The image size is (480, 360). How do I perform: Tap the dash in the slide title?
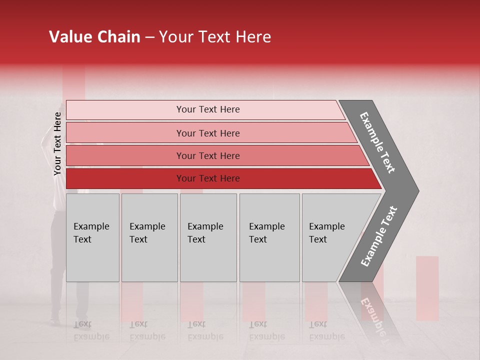coord(149,37)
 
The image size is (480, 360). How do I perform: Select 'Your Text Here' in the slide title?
coord(215,37)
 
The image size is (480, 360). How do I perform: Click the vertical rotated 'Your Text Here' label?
coord(57,143)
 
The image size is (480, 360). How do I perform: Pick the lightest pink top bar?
coord(205,109)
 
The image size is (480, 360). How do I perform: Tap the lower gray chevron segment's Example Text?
coord(379,236)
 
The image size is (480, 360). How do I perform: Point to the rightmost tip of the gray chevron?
coord(417,190)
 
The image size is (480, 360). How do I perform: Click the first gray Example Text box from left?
coord(92,237)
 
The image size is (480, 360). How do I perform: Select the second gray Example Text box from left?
coord(149,237)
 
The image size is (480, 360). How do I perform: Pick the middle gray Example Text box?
coord(208,237)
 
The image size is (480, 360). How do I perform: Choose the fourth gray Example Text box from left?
coord(269,237)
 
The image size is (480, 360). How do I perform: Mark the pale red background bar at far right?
coord(427,288)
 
